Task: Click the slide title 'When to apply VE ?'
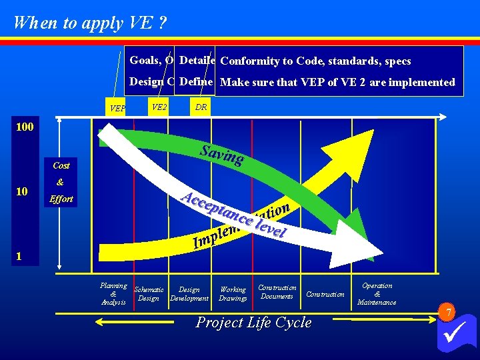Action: point(90,23)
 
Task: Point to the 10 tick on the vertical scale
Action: point(22,192)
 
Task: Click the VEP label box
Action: point(118,108)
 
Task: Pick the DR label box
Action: point(200,107)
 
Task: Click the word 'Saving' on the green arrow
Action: point(221,153)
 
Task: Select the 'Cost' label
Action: point(61,165)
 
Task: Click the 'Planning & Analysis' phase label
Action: point(113,294)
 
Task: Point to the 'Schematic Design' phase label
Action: point(149,294)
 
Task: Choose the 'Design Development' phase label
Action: point(189,294)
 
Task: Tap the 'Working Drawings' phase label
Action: point(233,294)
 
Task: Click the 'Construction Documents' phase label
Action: point(277,292)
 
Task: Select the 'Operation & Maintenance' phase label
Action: point(377,294)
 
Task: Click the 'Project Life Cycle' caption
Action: point(253,323)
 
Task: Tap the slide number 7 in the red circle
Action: point(449,313)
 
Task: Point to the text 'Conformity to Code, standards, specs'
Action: point(315,61)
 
